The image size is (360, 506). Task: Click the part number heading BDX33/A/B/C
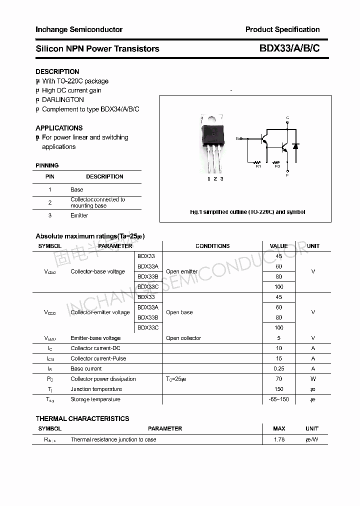(x=289, y=48)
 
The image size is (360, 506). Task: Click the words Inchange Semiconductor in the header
(x=79, y=29)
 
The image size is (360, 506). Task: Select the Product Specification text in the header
(x=282, y=29)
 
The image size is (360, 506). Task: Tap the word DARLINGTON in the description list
(x=62, y=99)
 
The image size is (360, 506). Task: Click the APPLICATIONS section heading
(x=59, y=128)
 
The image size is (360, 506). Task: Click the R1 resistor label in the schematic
(x=258, y=166)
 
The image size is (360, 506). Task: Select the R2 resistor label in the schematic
(x=277, y=166)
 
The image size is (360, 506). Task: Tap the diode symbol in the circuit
(x=295, y=146)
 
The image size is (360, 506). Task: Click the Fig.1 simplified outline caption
(x=247, y=212)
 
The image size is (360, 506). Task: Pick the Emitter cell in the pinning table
(x=79, y=215)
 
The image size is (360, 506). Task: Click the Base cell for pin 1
(x=77, y=189)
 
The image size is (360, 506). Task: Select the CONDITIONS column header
(x=212, y=246)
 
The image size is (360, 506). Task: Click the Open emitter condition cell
(x=181, y=271)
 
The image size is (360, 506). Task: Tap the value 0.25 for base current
(x=278, y=368)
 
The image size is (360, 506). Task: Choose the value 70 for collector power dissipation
(x=278, y=379)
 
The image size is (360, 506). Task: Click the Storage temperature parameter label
(x=95, y=399)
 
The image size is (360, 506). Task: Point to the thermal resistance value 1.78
(x=279, y=439)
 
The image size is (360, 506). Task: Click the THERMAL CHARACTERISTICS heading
(x=82, y=418)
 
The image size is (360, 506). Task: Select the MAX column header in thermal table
(x=279, y=428)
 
